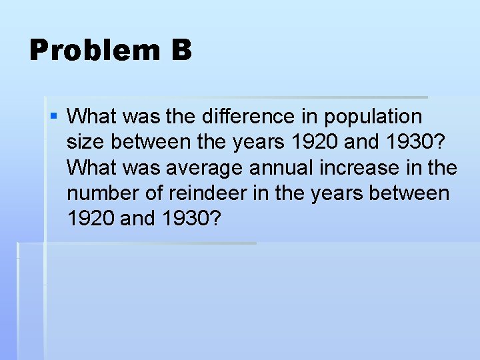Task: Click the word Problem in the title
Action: [x=93, y=50]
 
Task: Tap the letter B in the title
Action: [x=181, y=50]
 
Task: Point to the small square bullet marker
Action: [x=53, y=117]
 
